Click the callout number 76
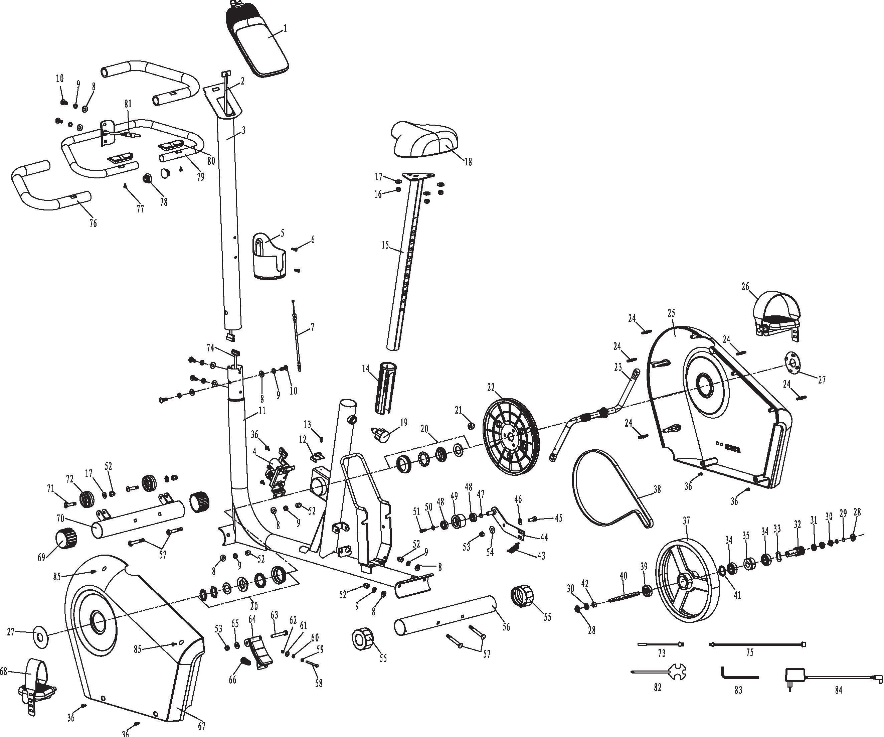(93, 223)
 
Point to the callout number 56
(506, 627)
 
